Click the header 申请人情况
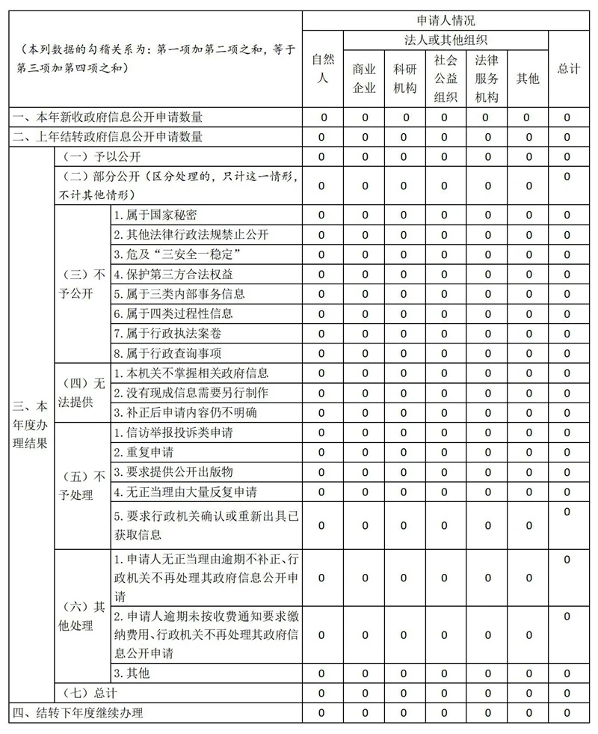[446, 21]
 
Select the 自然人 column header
[323, 68]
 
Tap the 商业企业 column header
[364, 78]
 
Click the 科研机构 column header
[404, 78]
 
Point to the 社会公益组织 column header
[445, 78]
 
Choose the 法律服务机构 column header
[487, 78]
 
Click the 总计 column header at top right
[569, 68]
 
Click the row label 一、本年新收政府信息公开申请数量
[107, 117]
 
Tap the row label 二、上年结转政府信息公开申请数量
[107, 137]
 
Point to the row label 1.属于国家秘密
[155, 215]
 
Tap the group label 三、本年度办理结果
[31, 423]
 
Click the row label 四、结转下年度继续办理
[77, 712]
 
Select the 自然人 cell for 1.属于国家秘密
[323, 215]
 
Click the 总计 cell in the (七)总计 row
[567, 693]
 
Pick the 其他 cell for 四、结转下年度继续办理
[528, 712]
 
